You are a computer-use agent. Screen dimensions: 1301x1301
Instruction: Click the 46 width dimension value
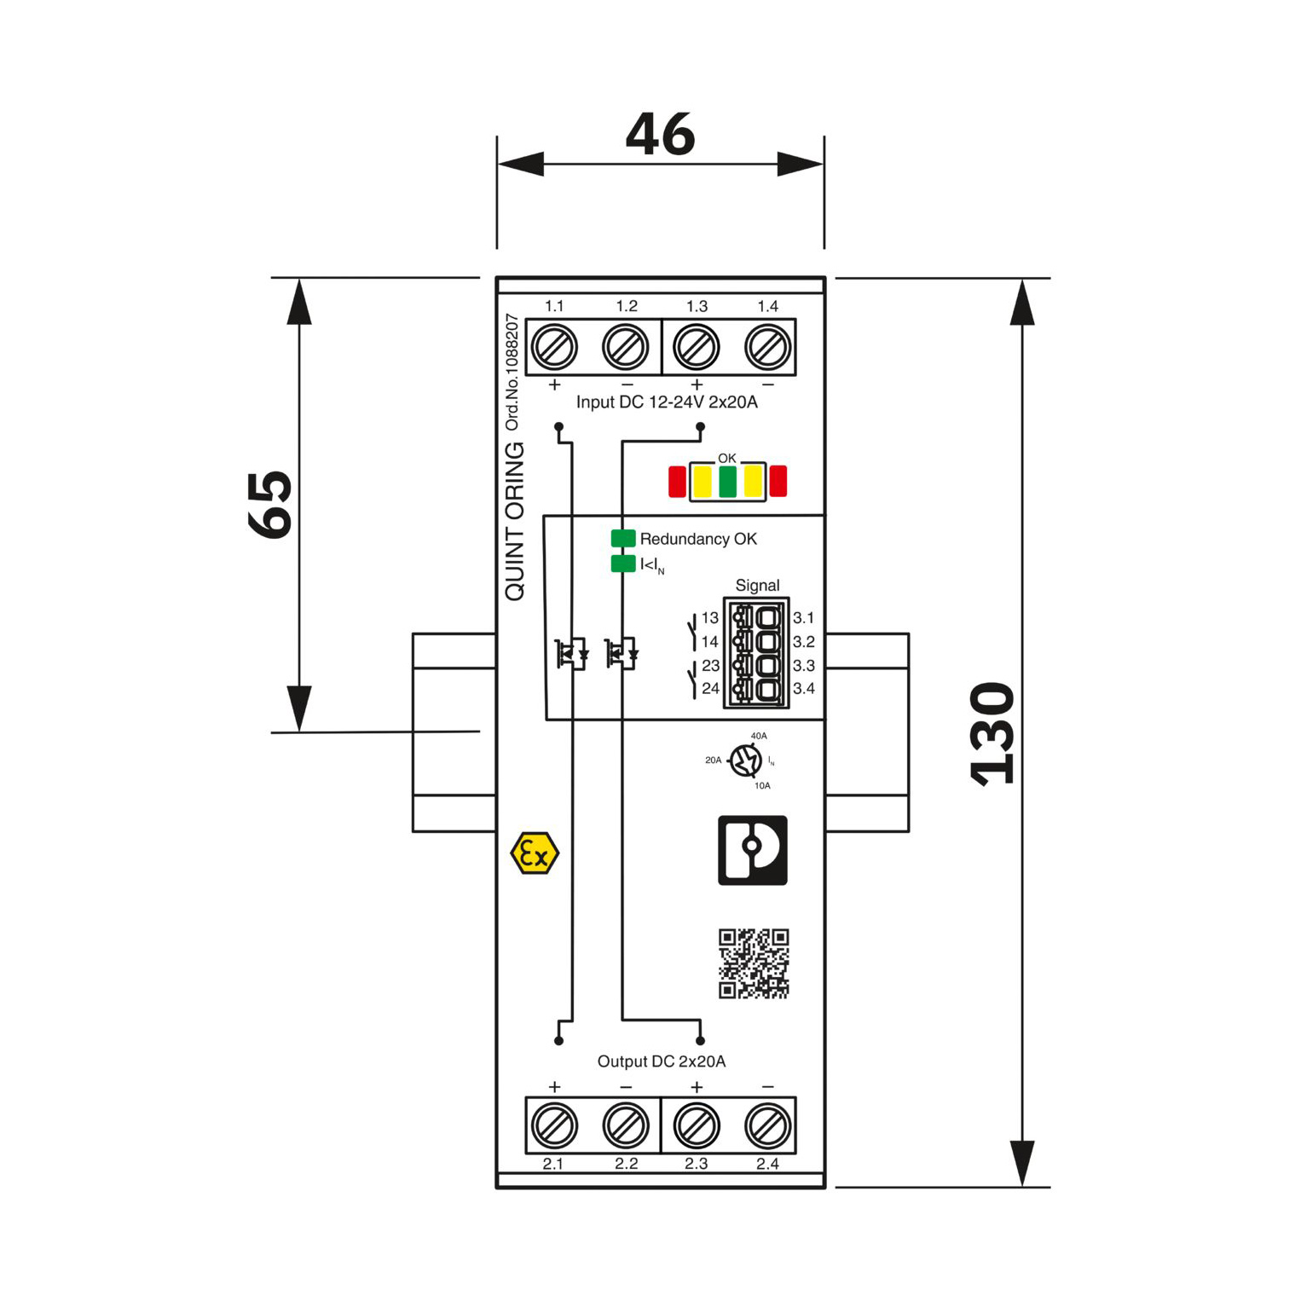[661, 134]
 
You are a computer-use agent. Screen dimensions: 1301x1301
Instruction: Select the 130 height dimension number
[993, 733]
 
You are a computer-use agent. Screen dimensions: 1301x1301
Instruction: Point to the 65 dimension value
[270, 504]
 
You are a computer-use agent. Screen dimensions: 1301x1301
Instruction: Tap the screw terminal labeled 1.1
[554, 347]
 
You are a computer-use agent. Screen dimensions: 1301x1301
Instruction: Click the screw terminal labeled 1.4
[768, 347]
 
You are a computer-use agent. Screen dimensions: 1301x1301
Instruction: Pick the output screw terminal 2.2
[626, 1125]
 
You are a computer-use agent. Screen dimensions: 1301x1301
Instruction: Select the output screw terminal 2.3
[697, 1125]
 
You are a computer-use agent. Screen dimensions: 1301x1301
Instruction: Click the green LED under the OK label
[727, 482]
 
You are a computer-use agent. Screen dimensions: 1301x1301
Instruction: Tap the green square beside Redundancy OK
[623, 538]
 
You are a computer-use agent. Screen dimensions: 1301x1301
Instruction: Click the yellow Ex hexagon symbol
[535, 853]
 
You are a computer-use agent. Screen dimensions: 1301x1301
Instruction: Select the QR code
[754, 963]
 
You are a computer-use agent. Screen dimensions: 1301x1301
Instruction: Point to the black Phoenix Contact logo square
[753, 850]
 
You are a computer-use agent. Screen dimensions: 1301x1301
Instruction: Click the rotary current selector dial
[746, 760]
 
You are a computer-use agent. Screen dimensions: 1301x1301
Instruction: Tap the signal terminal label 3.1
[804, 618]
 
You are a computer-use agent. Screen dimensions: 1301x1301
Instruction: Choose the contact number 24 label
[710, 688]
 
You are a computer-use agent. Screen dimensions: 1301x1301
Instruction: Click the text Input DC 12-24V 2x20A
[667, 402]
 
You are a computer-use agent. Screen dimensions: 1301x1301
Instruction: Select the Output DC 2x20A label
[662, 1061]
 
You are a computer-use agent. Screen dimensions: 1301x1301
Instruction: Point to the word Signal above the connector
[757, 586]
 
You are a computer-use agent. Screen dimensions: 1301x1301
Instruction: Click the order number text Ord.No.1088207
[512, 372]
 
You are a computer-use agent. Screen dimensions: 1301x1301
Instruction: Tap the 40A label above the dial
[759, 736]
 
